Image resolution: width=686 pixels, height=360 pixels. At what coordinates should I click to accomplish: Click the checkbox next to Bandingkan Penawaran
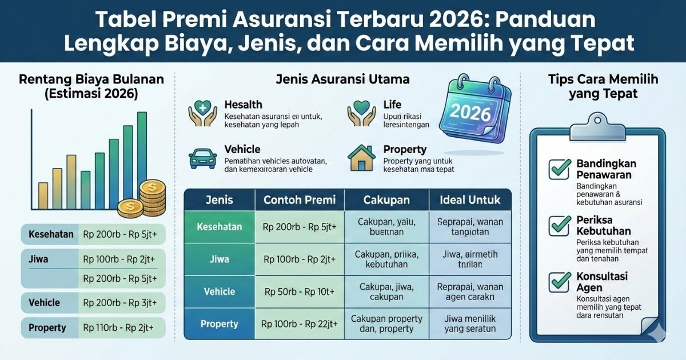[559, 169]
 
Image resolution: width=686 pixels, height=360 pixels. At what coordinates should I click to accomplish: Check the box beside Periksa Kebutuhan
[559, 225]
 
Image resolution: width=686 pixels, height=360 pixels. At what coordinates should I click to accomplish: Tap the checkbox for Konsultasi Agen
[559, 281]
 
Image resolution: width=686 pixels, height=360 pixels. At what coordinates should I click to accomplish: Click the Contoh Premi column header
[300, 201]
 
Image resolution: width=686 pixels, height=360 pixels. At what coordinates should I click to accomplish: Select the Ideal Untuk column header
[470, 201]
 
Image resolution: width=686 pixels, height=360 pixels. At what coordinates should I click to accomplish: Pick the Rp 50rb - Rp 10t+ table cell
[300, 292]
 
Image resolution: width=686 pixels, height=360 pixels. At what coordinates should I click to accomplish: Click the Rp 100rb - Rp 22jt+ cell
[300, 324]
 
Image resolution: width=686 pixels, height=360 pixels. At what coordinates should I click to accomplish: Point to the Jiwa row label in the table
[220, 259]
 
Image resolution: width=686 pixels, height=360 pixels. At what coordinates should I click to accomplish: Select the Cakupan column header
[386, 201]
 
